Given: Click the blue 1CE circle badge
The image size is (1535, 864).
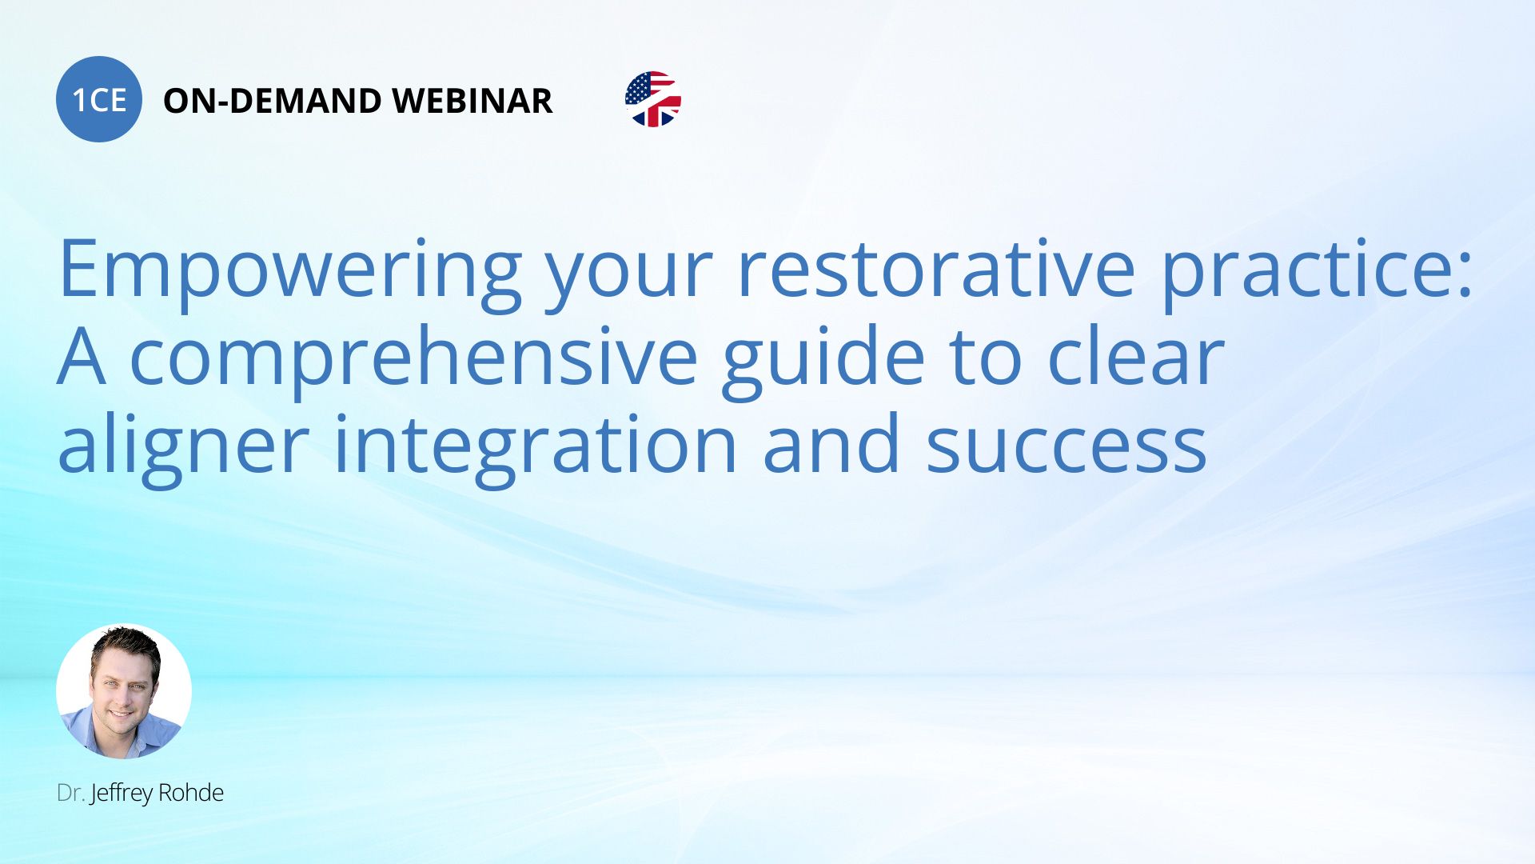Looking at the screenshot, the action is tap(99, 99).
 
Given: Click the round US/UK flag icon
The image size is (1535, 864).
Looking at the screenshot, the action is tap(653, 99).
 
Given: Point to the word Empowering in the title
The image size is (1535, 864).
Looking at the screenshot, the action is tap(290, 270).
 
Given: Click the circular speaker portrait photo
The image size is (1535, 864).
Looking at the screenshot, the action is tap(124, 691).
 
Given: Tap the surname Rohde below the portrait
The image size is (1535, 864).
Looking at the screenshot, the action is tap(191, 793).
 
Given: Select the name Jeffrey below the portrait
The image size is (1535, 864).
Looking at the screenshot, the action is tap(122, 794).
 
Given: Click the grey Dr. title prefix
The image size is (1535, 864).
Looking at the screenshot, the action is tap(70, 793).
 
